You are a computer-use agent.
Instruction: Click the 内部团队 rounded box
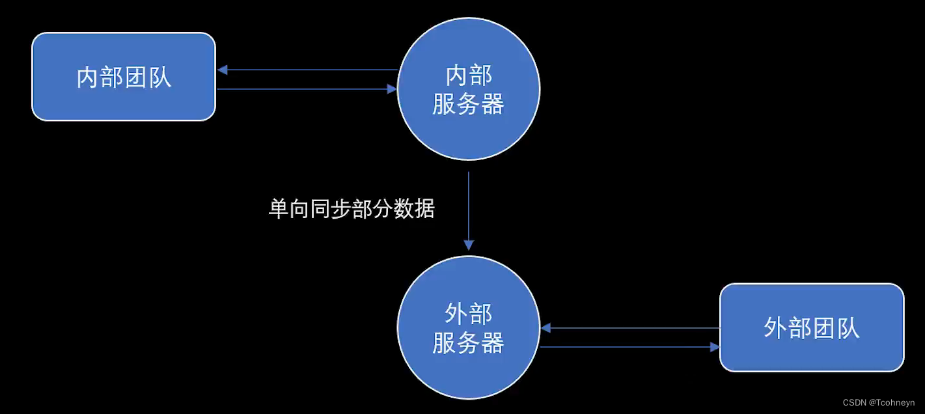[124, 77]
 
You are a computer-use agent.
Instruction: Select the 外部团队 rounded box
[812, 327]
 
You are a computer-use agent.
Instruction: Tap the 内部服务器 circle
[468, 89]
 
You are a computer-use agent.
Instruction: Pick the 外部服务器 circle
[468, 327]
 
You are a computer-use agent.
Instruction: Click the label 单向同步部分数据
[352, 209]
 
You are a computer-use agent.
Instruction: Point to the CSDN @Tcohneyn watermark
[879, 403]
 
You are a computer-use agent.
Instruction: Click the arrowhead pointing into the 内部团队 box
[222, 70]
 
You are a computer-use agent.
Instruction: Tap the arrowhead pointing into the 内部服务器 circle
[392, 89]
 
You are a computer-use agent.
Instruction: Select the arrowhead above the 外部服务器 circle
[468, 245]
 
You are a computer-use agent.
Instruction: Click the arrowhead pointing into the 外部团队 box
[715, 347]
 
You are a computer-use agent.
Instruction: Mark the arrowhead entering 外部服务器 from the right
[545, 327]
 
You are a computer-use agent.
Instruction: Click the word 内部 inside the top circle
[468, 76]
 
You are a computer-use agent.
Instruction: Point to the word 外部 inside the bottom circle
[468, 314]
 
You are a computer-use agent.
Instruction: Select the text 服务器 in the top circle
[468, 103]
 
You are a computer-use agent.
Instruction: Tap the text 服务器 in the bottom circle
[468, 342]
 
